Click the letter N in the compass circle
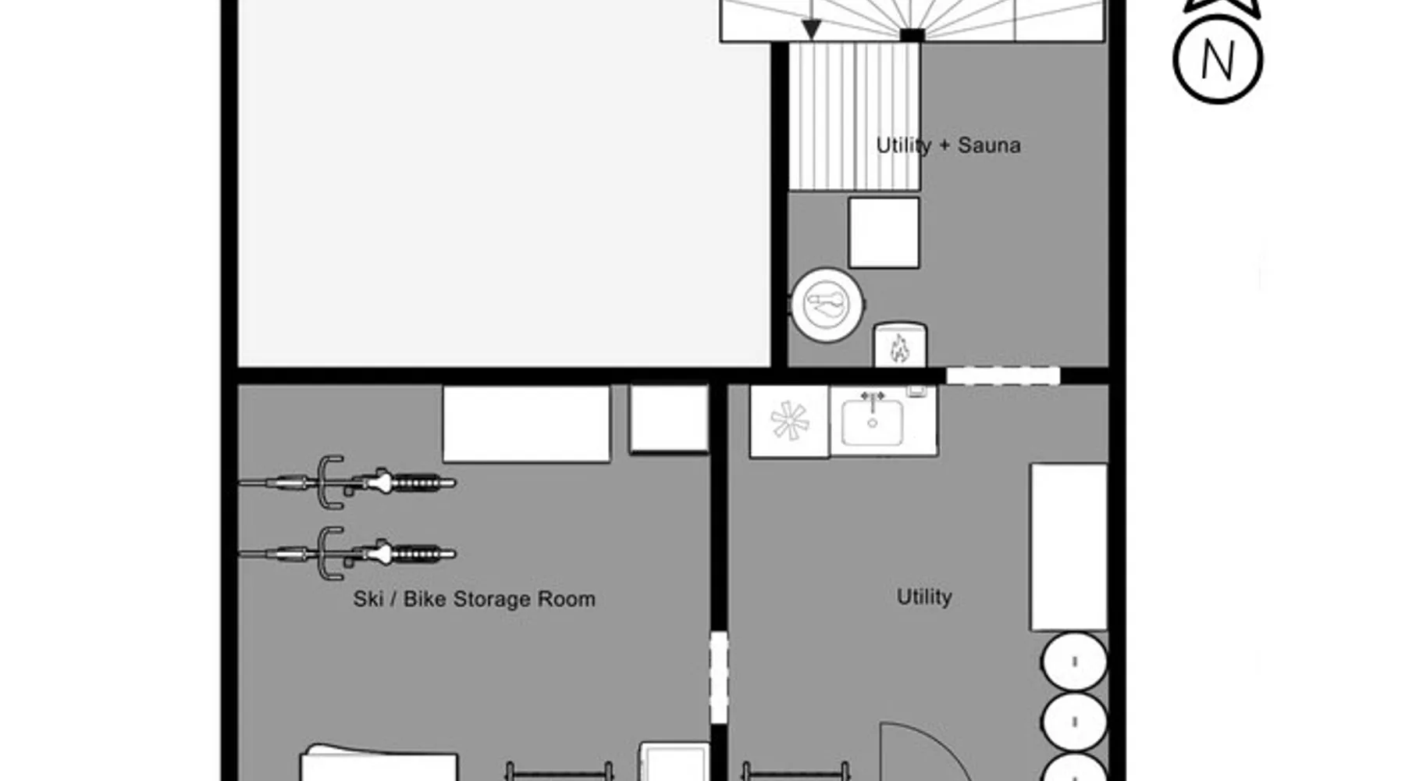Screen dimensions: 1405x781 click(x=1218, y=61)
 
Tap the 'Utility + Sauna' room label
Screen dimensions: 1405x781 click(x=948, y=145)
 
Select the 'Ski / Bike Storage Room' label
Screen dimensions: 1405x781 click(x=474, y=599)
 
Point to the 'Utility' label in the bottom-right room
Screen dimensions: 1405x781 click(x=924, y=597)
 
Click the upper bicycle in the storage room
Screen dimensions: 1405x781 click(x=347, y=483)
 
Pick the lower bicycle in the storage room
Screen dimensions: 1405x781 click(x=347, y=554)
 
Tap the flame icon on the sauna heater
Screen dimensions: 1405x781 click(x=899, y=348)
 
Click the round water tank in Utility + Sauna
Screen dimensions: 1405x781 click(x=827, y=305)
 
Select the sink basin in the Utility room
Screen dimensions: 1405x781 click(x=873, y=423)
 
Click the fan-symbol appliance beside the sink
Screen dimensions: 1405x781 click(x=789, y=421)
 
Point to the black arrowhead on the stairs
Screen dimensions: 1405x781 click(x=812, y=30)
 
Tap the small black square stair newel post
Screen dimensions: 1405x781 click(x=912, y=35)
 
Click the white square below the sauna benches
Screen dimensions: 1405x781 click(x=884, y=233)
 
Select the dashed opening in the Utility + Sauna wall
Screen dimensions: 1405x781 click(x=1003, y=376)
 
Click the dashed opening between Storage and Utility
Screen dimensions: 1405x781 click(x=719, y=678)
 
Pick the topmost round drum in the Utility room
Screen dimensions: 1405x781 click(x=1074, y=662)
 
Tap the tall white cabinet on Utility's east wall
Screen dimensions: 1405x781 click(x=1069, y=547)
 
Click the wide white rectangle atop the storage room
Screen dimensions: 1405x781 click(x=526, y=424)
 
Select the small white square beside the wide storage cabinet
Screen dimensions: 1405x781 click(x=669, y=419)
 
